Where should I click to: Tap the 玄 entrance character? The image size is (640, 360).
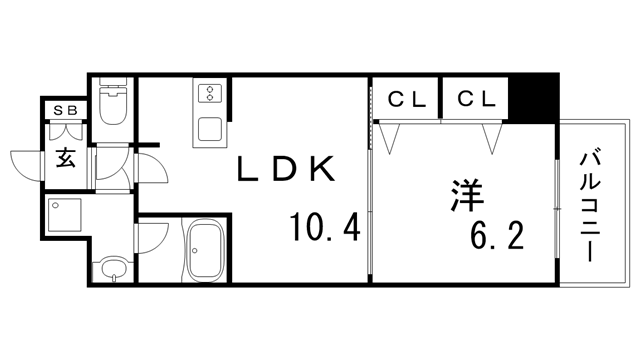click(65, 157)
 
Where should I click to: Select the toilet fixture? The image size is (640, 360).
click(113, 105)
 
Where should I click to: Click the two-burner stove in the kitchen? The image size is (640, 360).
click(211, 93)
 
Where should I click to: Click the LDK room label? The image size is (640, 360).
click(284, 170)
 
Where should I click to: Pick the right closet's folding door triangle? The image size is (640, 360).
click(490, 137)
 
